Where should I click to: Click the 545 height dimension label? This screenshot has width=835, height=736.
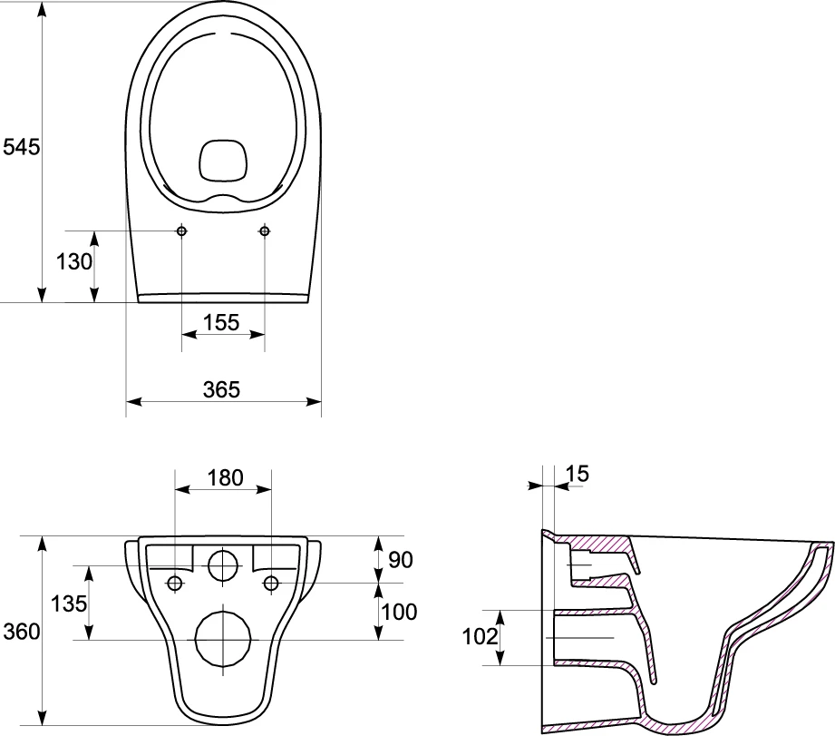point(21,147)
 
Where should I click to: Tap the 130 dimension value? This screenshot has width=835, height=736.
point(74,261)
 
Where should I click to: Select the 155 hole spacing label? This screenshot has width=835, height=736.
point(221,322)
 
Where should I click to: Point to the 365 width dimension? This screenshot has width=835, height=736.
point(221,389)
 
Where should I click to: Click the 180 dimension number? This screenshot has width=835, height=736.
point(225,477)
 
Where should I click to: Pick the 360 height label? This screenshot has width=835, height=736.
point(21,632)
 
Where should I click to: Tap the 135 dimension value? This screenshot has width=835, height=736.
point(69,604)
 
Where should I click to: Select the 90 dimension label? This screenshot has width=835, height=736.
point(401,560)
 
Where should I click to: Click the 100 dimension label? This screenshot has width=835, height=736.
point(400,612)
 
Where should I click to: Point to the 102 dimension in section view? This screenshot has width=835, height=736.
point(480,636)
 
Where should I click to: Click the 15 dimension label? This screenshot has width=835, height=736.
point(578,473)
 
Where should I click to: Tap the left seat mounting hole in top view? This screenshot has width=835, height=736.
point(181,231)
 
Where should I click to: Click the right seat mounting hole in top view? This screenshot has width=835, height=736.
point(265,231)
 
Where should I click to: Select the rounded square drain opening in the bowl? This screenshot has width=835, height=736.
point(224,160)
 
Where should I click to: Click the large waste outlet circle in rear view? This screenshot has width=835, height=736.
point(223,639)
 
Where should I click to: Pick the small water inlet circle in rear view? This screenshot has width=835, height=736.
point(223,565)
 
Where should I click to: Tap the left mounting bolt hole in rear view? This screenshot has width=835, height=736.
point(175,584)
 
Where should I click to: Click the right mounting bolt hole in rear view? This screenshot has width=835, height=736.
point(272,584)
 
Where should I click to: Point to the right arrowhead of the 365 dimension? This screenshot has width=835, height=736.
point(315,401)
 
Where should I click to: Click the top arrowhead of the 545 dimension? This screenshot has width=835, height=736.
point(42,8)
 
